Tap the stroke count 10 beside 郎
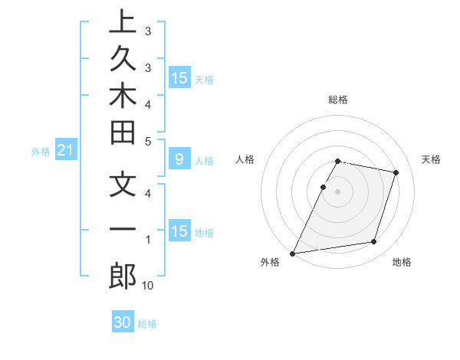click(148, 286)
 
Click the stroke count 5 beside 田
click(148, 141)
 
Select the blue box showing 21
click(65, 152)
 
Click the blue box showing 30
click(123, 323)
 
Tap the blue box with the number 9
click(179, 160)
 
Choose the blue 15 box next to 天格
click(179, 78)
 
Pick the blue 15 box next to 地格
click(179, 232)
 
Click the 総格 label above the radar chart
click(338, 100)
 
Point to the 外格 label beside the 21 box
click(41, 152)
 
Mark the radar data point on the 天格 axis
click(396, 172)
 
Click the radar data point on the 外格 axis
click(293, 253)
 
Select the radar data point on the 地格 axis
click(374, 242)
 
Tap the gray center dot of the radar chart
click(338, 191)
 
